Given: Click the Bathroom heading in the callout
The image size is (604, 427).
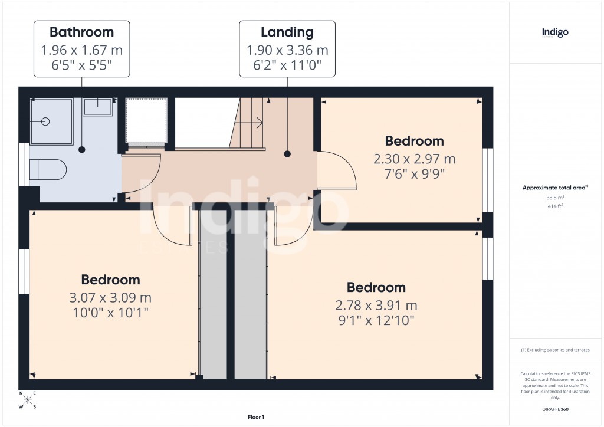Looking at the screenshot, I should [x=81, y=31].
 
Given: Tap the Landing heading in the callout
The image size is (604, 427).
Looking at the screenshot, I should [x=287, y=31].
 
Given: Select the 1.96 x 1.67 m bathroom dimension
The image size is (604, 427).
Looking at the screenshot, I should [x=81, y=50].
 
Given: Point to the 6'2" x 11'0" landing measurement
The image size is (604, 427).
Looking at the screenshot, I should [x=287, y=65].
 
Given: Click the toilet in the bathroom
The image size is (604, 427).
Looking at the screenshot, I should [x=48, y=169].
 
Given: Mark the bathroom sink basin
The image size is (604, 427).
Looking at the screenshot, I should [x=98, y=107].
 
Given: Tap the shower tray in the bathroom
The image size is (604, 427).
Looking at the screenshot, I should [x=51, y=121].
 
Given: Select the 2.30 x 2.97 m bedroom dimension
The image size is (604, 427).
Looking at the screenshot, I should [x=414, y=159].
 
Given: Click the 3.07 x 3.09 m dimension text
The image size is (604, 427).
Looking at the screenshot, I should [x=110, y=297].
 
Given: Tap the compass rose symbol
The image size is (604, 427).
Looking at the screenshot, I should [x=28, y=400].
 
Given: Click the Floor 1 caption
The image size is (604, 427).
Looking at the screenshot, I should [x=256, y=417].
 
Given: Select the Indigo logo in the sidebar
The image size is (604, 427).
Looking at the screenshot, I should [x=555, y=33].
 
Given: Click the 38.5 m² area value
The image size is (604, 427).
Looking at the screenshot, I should [x=555, y=198].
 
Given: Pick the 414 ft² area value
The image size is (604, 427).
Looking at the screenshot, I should [x=555, y=207].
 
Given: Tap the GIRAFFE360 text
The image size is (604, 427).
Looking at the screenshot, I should [x=555, y=409].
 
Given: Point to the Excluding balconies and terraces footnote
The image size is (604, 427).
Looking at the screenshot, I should [x=555, y=350].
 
